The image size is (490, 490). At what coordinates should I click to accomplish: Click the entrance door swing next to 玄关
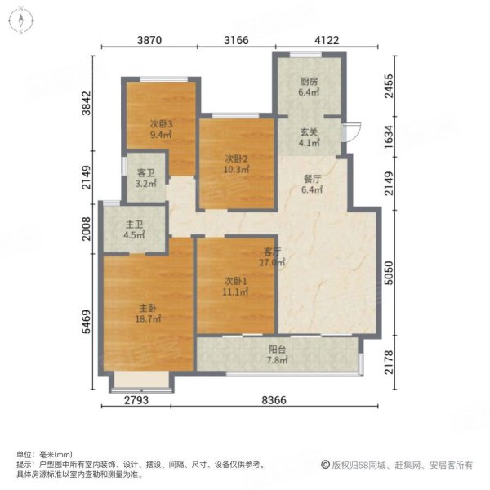pyautogui.click(x=351, y=135)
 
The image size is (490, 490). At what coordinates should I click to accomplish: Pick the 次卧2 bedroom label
pyautogui.click(x=235, y=160)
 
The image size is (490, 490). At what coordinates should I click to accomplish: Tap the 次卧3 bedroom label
pyautogui.click(x=159, y=125)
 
